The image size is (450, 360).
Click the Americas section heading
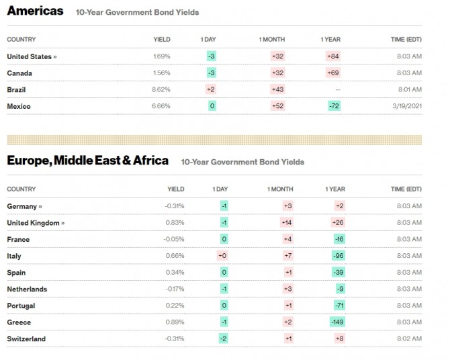35,11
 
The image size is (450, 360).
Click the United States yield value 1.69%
162,56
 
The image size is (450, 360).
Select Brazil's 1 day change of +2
211,89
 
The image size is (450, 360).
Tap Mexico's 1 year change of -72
334,106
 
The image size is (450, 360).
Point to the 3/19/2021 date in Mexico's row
407,106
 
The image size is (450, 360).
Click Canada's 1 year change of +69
333,73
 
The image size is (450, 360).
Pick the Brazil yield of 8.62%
161,89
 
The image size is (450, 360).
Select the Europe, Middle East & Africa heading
87,161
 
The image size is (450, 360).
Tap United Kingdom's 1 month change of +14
287,222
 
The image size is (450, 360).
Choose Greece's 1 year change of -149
337,322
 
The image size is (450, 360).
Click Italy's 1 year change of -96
339,255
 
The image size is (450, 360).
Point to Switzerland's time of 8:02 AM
409,339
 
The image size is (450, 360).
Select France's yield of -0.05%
174,239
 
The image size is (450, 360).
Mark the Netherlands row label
27,289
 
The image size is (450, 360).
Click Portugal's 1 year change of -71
339,306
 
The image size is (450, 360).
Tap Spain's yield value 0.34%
175,272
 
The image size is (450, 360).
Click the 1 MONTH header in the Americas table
272,40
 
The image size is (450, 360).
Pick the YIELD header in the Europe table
176,189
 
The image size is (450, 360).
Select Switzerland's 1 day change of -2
223,339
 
